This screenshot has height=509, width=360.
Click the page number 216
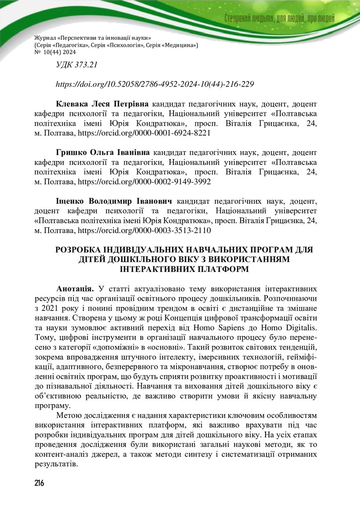click(x=39, y=484)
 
